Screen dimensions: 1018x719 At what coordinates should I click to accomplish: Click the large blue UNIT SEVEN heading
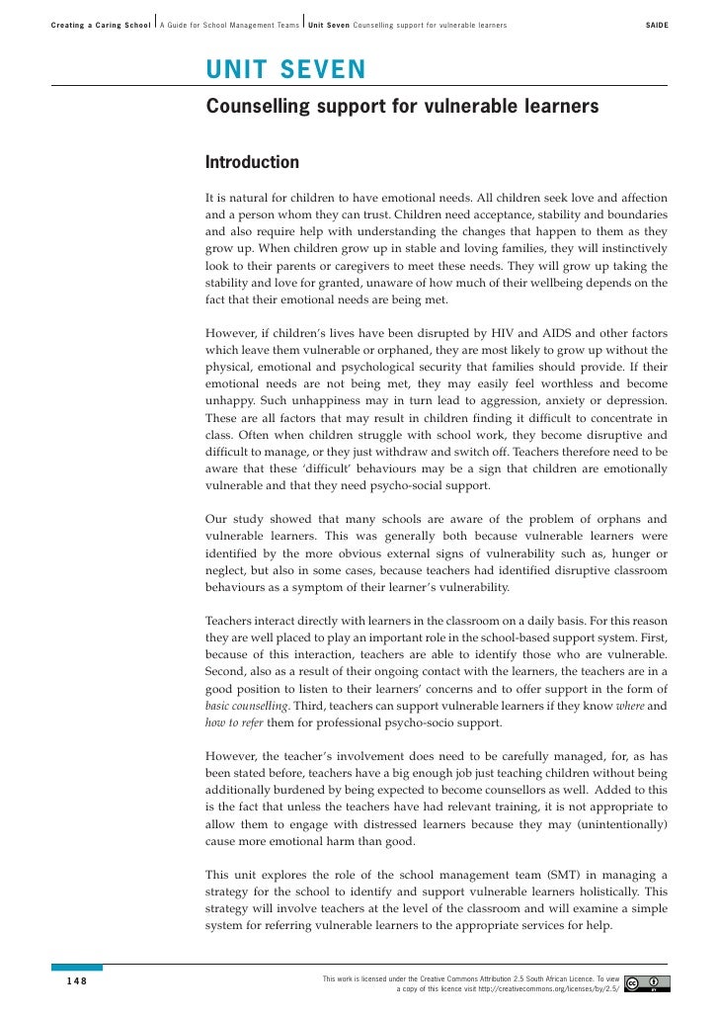[x=285, y=69]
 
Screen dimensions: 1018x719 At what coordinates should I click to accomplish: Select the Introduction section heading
[x=252, y=162]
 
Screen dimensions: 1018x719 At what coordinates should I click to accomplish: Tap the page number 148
[x=76, y=980]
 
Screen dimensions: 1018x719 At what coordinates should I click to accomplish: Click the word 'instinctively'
[x=629, y=249]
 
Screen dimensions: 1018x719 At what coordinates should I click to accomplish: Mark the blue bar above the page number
[x=76, y=969]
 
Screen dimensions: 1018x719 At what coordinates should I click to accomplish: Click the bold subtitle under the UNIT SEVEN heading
[x=402, y=105]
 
